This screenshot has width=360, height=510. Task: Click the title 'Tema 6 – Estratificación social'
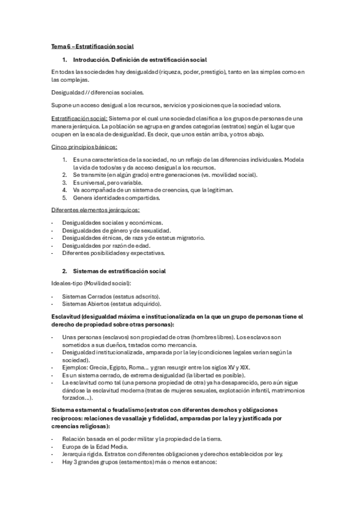point(92,46)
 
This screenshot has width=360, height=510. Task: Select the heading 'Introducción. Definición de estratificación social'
point(139,60)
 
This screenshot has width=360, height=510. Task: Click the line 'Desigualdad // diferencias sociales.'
point(97,92)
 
